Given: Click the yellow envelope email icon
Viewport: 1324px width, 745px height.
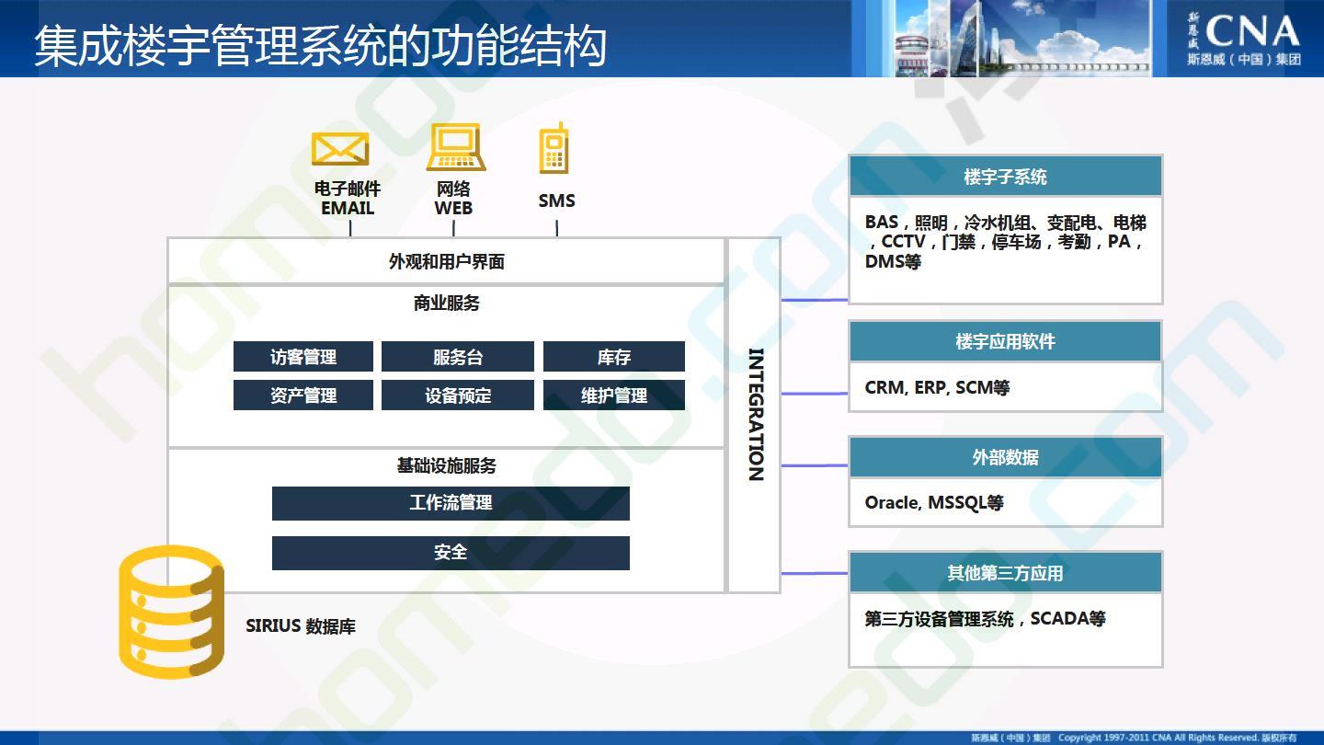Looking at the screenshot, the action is pos(340,148).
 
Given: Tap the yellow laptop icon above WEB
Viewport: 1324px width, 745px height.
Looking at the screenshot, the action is pos(456,146).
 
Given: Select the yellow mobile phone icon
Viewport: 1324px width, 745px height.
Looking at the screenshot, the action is pos(554,148).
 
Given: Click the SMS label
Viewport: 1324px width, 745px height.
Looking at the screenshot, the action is pos(556,201).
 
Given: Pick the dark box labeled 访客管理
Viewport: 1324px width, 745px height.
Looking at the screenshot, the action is pos(303,357).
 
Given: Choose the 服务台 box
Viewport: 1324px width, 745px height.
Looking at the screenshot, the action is pos(458,357).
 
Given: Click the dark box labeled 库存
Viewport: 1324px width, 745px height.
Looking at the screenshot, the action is pos(614,357).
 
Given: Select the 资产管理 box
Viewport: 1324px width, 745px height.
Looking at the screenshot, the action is pos(303,395).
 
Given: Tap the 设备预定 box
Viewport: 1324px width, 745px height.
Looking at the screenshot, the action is pos(458,395).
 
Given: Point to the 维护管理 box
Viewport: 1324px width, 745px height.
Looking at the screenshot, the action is pos(614,395).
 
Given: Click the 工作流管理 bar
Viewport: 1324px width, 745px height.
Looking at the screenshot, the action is pos(451,503).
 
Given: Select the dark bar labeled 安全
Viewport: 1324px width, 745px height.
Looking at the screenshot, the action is pos(451,553).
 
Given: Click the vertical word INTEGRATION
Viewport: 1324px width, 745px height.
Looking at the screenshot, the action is pos(756,415).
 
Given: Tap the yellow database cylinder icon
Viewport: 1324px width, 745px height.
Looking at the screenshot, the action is pos(171,612).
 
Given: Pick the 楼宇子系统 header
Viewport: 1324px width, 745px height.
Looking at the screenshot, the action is pos(1006,177).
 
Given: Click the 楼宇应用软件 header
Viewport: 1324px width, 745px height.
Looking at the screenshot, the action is pos(1006,341).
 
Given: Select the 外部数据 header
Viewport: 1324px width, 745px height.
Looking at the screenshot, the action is pos(1006,457).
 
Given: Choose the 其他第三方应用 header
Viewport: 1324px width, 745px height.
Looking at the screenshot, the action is pos(1006,572).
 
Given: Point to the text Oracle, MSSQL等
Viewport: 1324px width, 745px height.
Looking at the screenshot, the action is pos(934,502).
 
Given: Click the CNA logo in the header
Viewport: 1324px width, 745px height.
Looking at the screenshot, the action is pos(1244,40).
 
